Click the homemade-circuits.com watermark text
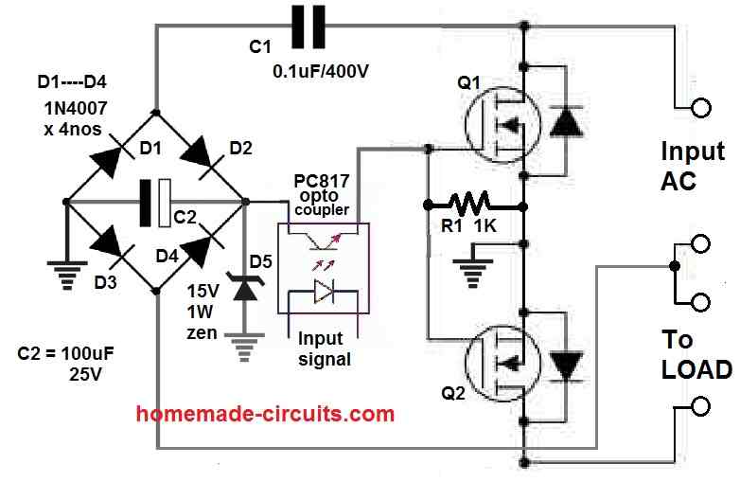tap(265, 414)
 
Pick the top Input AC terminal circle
tap(701, 108)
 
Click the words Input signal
tap(324, 348)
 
